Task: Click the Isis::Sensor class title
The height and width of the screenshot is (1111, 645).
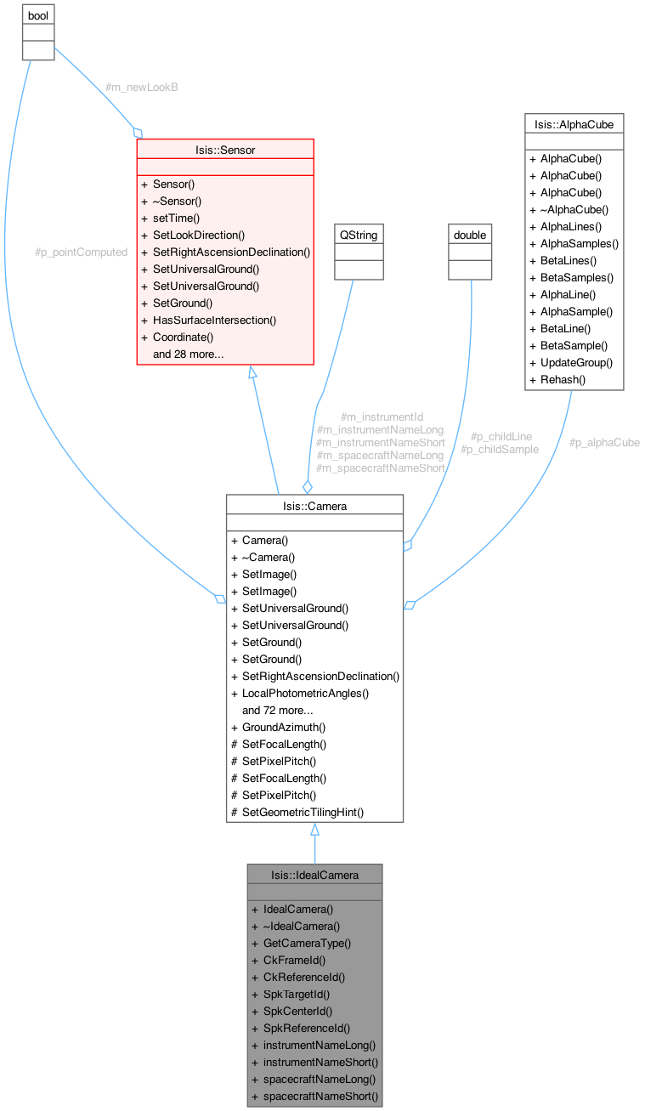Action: pos(224,150)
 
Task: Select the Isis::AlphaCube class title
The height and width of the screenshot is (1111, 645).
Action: pos(574,124)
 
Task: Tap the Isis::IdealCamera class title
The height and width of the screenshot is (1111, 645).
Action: pos(314,875)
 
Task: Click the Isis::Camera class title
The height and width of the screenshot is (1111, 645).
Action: pos(314,506)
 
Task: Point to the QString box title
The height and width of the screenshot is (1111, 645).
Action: pos(359,235)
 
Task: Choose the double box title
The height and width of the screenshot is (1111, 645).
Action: pos(470,235)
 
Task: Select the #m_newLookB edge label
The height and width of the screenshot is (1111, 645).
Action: pos(141,87)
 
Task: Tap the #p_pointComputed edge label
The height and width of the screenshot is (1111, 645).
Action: pos(81,252)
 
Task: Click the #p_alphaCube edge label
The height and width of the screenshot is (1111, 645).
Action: pos(604,442)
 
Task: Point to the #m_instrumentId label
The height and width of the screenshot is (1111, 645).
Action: pos(381,417)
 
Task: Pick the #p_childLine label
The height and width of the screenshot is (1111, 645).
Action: pos(501,436)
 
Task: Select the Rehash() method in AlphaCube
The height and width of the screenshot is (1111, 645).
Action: pos(563,379)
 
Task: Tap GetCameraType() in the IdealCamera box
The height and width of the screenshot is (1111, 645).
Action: pos(307,943)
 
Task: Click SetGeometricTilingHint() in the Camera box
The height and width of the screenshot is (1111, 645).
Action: pos(303,812)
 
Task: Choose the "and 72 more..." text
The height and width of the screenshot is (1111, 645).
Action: pos(278,710)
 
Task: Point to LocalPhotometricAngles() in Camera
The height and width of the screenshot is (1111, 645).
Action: pos(305,693)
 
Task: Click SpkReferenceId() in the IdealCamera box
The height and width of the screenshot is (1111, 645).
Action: pos(307,1028)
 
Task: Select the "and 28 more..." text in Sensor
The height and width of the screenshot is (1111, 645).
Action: pos(188,354)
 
